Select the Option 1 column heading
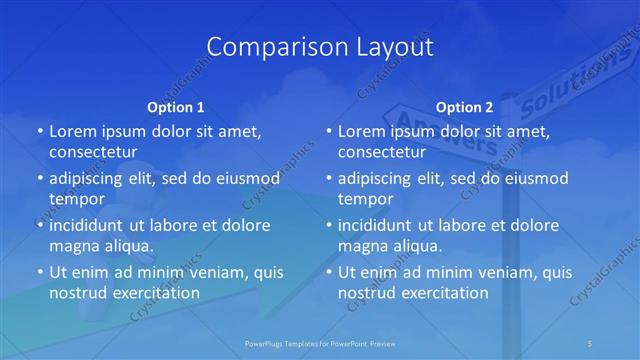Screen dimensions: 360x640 click(x=176, y=107)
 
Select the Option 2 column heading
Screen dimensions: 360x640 click(x=465, y=107)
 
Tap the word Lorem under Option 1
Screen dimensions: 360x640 click(x=73, y=131)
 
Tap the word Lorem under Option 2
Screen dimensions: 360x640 click(x=362, y=131)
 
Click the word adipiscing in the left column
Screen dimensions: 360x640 click(x=91, y=179)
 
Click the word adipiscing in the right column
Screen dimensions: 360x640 click(x=380, y=179)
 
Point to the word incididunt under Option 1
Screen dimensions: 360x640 click(x=91, y=225)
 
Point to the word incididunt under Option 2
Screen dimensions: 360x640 click(x=380, y=225)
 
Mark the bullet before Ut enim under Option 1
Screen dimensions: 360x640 click(x=39, y=272)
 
